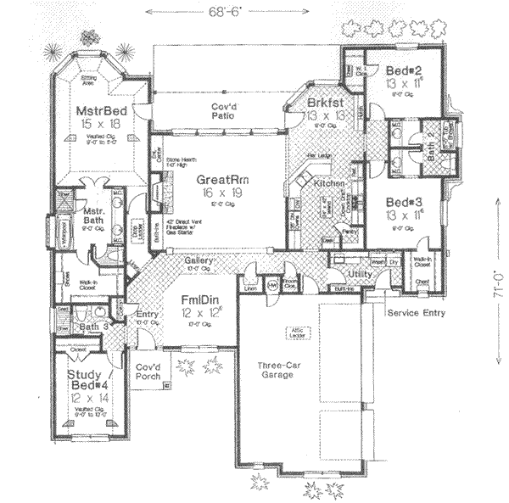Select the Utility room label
pyautogui.click(x=361, y=276)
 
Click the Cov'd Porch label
pyautogui.click(x=148, y=372)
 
